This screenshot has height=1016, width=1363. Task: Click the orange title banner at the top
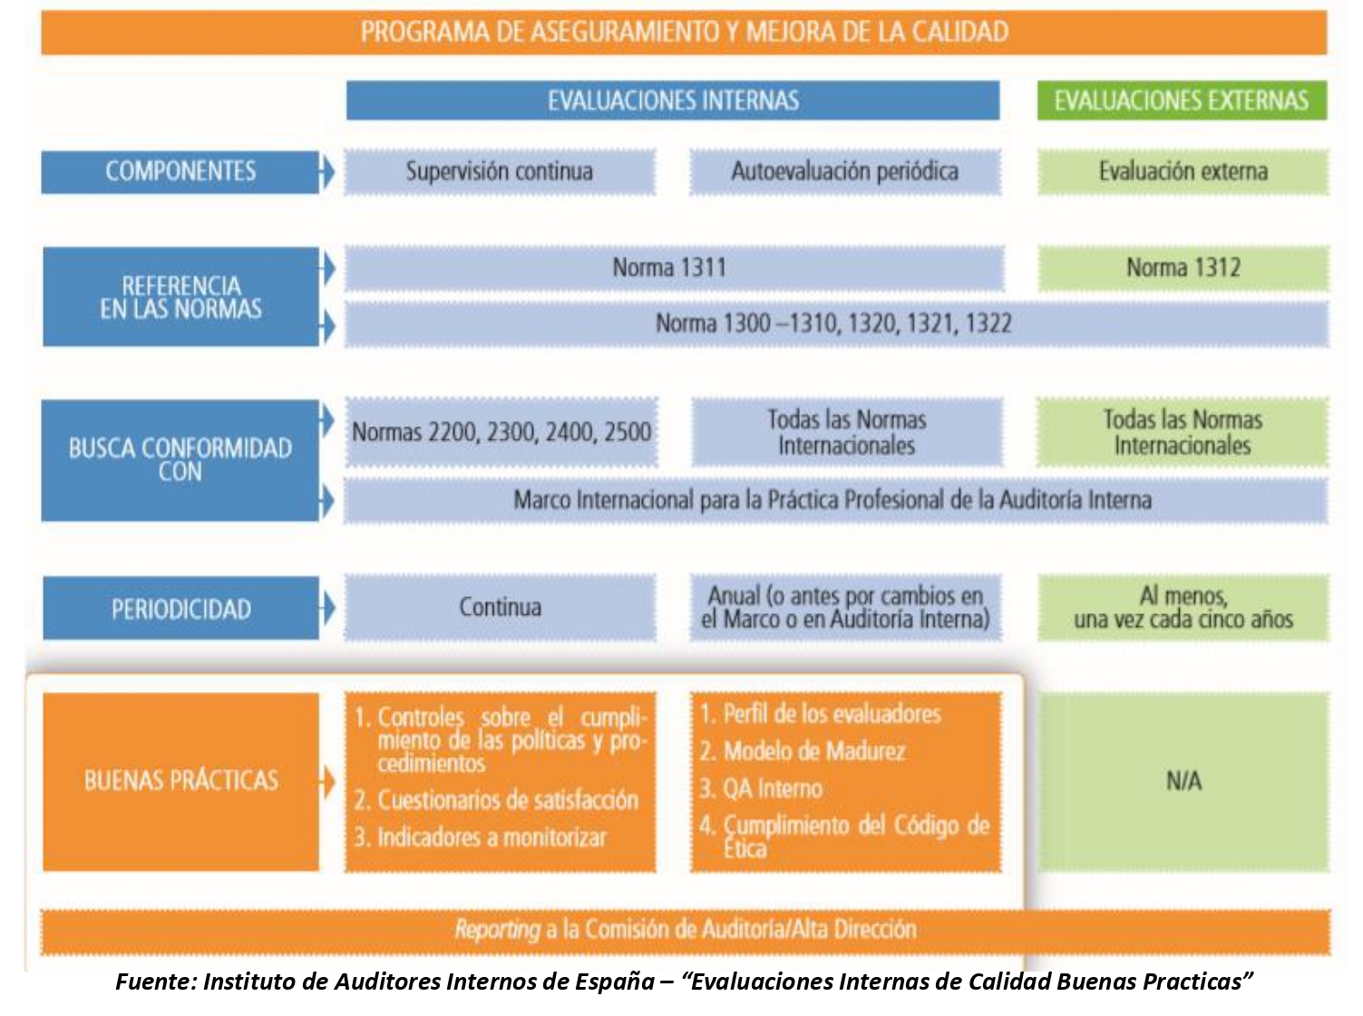[684, 33]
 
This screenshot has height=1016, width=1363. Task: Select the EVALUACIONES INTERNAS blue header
[672, 101]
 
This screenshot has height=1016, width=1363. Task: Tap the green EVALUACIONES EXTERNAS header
[1181, 101]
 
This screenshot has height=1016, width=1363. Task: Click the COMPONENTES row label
[180, 171]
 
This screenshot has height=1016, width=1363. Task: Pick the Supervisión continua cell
[499, 171]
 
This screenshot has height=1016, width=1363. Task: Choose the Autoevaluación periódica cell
[844, 171]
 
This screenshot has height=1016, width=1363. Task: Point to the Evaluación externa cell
[1183, 171]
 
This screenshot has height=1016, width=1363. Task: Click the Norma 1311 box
[669, 268]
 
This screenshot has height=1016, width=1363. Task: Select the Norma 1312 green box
[1183, 268]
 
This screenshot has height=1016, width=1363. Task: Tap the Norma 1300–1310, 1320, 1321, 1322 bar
[833, 324]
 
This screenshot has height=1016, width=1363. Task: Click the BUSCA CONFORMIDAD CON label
[180, 460]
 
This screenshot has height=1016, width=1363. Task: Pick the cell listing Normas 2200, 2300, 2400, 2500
[501, 432]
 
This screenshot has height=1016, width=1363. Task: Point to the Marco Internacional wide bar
[832, 500]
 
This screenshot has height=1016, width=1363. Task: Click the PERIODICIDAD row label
[180, 609]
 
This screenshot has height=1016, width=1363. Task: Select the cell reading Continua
[500, 607]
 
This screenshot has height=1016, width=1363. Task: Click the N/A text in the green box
[1183, 781]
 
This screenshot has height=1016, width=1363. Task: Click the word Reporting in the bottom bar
[497, 930]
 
